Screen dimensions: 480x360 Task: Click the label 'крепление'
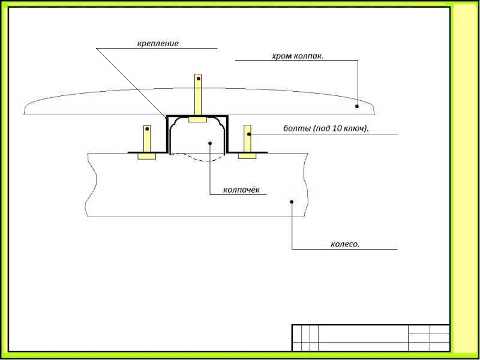[158, 44]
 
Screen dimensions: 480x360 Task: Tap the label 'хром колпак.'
[298, 56]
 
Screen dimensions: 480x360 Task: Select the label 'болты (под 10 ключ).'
[325, 128]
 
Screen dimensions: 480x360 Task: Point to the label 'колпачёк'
[241, 190]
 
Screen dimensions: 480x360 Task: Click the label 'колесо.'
[345, 244]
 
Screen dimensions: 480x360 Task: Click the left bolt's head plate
[146, 156]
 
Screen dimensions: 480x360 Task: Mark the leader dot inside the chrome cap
[357, 107]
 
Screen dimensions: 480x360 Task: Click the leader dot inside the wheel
[292, 202]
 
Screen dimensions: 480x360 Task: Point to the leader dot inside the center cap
[209, 143]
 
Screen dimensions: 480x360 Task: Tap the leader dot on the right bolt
[248, 134]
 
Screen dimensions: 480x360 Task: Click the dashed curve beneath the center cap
[198, 159]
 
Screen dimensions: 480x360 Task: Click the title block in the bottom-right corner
[370, 338]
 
